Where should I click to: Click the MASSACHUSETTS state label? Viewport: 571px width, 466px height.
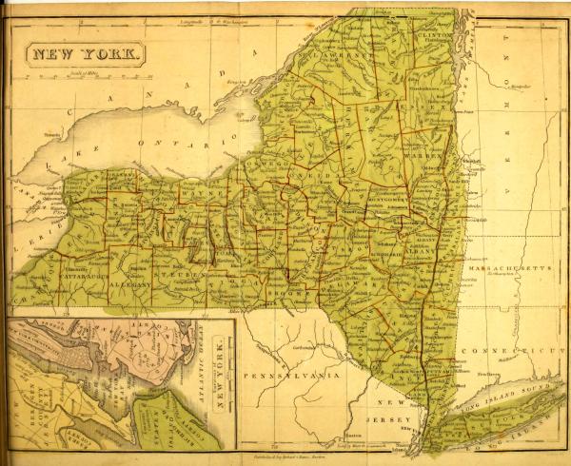coord(515,270)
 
